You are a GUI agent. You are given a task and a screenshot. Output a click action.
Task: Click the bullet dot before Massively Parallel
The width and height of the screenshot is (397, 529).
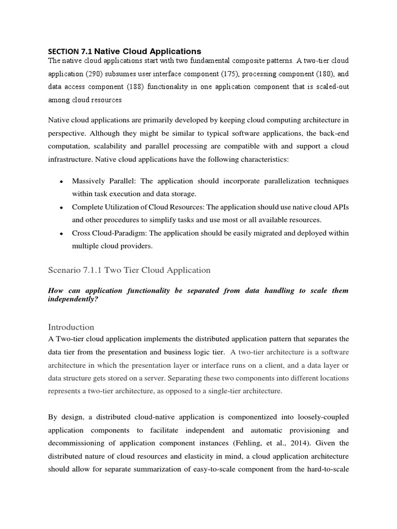(x=62, y=182)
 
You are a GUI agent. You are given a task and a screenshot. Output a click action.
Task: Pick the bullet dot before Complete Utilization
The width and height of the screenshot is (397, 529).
(x=62, y=207)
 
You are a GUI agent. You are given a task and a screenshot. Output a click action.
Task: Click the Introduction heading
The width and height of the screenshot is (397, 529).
(x=71, y=327)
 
